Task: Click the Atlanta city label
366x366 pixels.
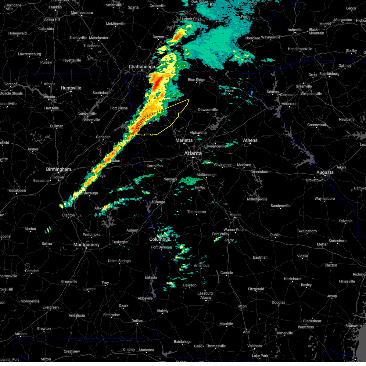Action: coord(193,153)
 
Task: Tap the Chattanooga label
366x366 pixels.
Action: coord(142,66)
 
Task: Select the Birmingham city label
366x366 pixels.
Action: coord(59,169)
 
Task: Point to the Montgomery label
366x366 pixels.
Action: coord(86,245)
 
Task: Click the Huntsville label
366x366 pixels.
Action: coord(71,88)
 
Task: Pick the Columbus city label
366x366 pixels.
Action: coord(160,239)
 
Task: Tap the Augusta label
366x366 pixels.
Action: coord(325,172)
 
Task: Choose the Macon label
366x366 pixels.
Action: coord(235,215)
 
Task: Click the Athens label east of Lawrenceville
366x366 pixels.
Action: coord(250,140)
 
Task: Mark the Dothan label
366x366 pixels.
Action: coord(137,321)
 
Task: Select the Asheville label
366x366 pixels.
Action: coord(295,30)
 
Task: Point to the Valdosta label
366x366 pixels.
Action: coord(254,346)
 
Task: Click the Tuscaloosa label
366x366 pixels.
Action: coord(16,190)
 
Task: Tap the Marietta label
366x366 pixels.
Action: coord(184,140)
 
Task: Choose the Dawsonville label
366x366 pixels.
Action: coord(208,109)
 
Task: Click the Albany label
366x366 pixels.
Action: coord(206,297)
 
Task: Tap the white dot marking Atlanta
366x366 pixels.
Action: coord(193,157)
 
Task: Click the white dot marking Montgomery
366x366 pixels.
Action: coord(87,248)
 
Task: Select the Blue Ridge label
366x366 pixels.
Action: coord(196,80)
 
